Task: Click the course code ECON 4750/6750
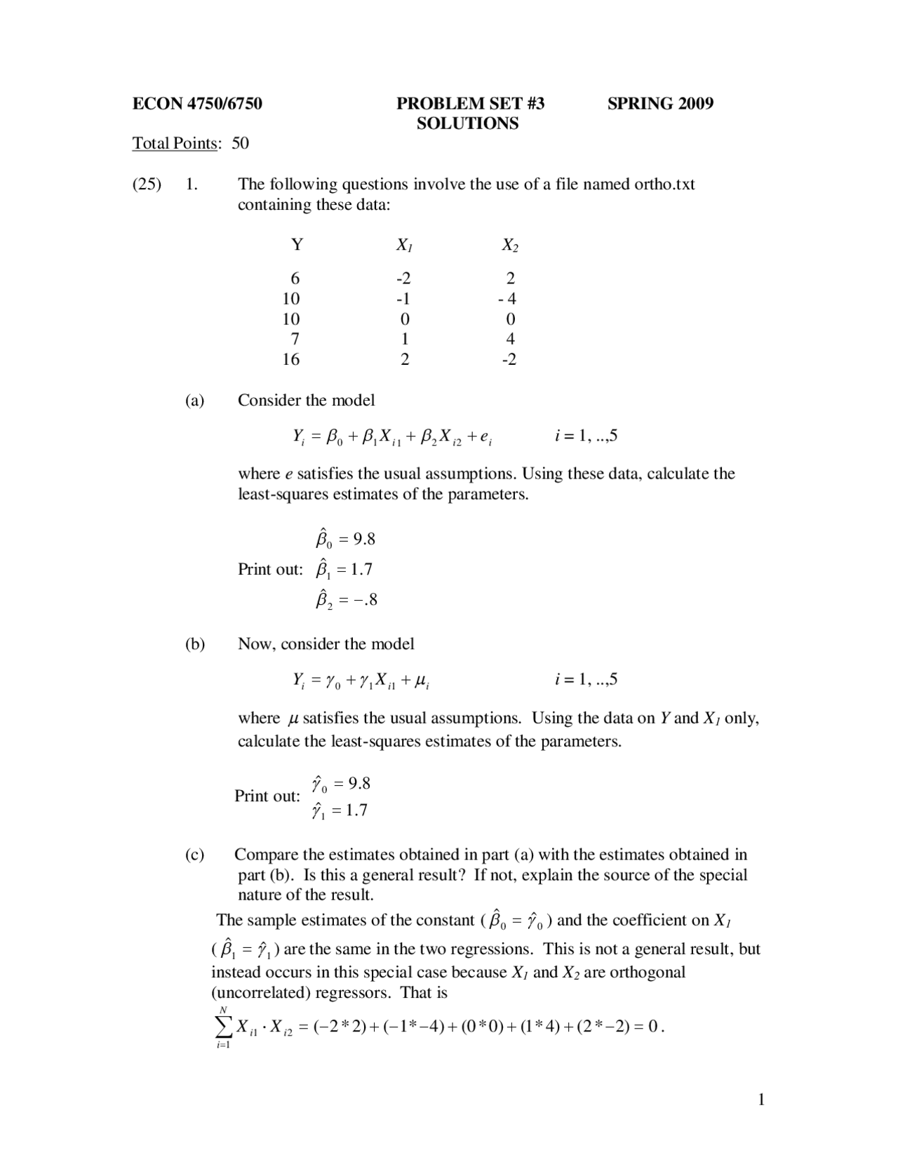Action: pyautogui.click(x=197, y=104)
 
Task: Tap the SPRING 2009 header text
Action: pyautogui.click(x=660, y=104)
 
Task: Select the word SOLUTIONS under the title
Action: pyautogui.click(x=467, y=123)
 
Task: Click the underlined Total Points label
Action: pyautogui.click(x=175, y=144)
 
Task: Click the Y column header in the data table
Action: pyautogui.click(x=297, y=245)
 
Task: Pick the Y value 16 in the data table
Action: pyautogui.click(x=290, y=359)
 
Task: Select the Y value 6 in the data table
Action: pyautogui.click(x=295, y=278)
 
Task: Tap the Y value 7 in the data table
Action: pyautogui.click(x=295, y=339)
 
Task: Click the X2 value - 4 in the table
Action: pyautogui.click(x=507, y=298)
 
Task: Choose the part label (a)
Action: pyautogui.click(x=195, y=401)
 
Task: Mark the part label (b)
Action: pyautogui.click(x=195, y=644)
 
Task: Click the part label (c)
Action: pyautogui.click(x=195, y=855)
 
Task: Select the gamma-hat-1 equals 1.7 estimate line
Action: pyautogui.click(x=340, y=811)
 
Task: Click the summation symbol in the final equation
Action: pyautogui.click(x=223, y=1027)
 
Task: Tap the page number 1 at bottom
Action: pyautogui.click(x=761, y=1100)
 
